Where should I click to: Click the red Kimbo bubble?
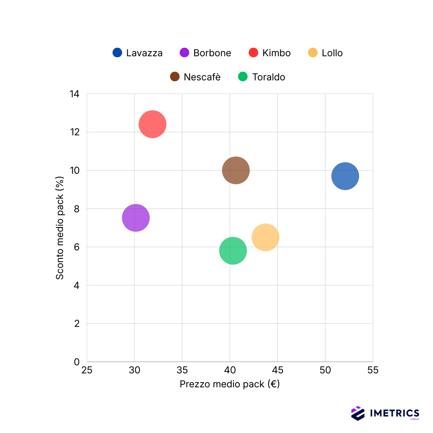click(x=152, y=124)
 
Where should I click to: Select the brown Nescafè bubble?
click(x=236, y=170)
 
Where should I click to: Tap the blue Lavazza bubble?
click(x=345, y=176)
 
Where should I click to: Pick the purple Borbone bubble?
click(x=136, y=218)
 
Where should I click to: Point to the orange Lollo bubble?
click(x=265, y=238)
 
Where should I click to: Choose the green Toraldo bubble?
click(x=233, y=251)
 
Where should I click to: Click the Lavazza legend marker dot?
click(x=117, y=52)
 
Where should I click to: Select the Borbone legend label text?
click(x=212, y=53)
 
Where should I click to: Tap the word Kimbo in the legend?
click(x=276, y=53)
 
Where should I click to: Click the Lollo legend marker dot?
click(x=312, y=52)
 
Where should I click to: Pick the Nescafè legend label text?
click(x=202, y=77)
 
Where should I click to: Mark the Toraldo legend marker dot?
click(x=243, y=77)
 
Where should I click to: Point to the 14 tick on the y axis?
click(x=74, y=94)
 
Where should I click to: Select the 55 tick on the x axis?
click(x=373, y=371)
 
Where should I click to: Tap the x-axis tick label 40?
click(x=230, y=371)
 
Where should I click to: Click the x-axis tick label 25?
click(x=87, y=371)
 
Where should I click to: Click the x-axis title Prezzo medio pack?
click(x=230, y=384)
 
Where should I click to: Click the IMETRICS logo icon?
click(x=358, y=413)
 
